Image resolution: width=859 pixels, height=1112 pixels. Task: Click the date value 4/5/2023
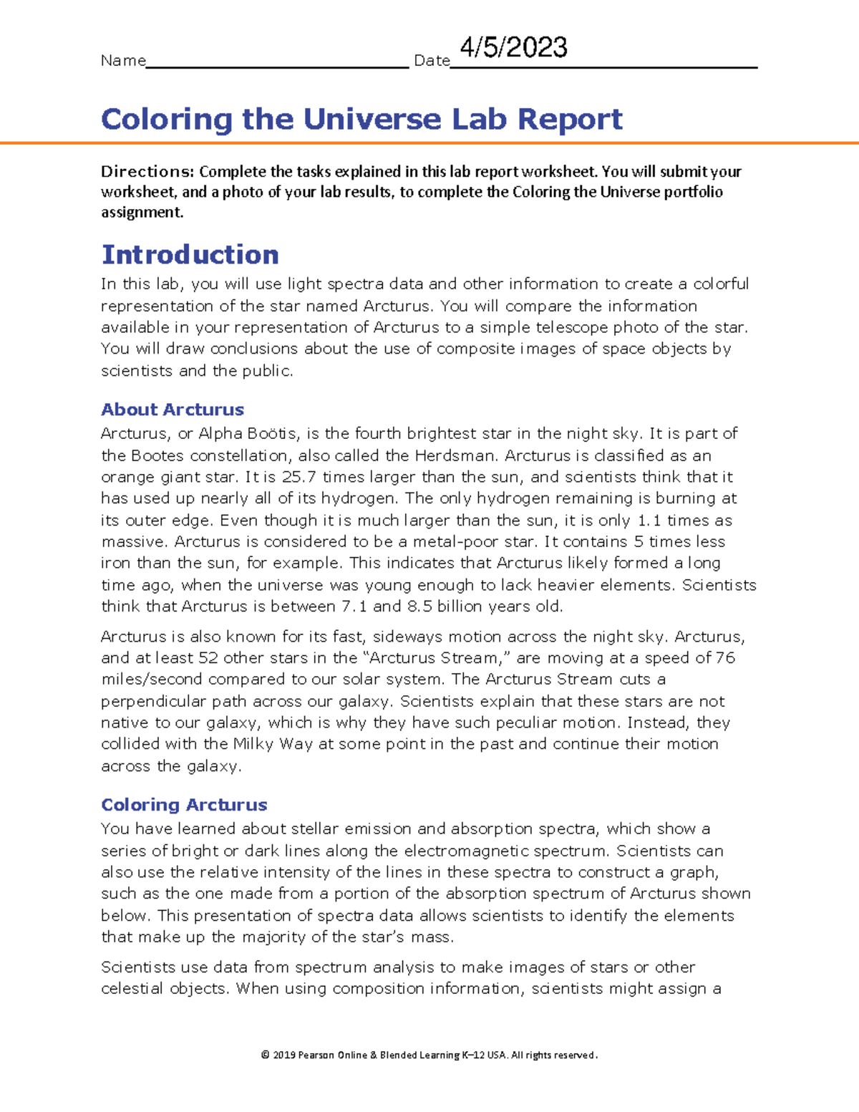(x=513, y=48)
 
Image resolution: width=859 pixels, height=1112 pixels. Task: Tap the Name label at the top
(x=123, y=61)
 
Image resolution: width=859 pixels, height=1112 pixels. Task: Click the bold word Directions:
(x=147, y=172)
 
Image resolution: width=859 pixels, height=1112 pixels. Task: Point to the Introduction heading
(x=190, y=255)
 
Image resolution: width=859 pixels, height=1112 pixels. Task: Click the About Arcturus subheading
(x=173, y=410)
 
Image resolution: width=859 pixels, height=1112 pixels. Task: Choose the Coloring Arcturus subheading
(x=184, y=805)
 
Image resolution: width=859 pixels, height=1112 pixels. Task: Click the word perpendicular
(x=152, y=702)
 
